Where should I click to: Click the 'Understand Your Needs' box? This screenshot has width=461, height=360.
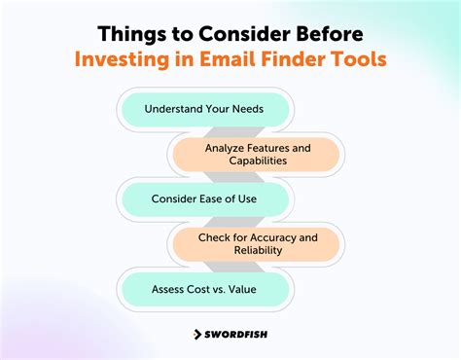pos(203,108)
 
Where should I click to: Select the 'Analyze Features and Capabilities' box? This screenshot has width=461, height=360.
pos(257,154)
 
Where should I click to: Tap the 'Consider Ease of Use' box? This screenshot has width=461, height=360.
pos(203,198)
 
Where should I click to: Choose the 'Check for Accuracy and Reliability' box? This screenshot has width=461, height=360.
pos(257,243)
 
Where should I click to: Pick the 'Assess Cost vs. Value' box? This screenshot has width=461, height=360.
pos(203,289)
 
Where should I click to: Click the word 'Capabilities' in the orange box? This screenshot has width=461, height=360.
pos(257,162)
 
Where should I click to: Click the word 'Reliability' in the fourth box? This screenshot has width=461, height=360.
pos(257,251)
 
